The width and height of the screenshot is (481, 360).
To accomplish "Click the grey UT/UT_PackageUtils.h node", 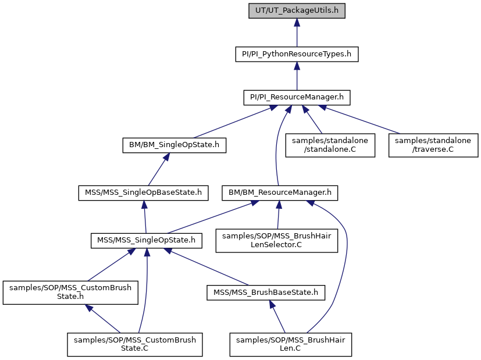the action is (x=297, y=10).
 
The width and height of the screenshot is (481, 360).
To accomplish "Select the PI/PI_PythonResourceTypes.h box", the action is (x=297, y=54).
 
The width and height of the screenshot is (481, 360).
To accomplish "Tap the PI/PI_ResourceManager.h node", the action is (x=297, y=98).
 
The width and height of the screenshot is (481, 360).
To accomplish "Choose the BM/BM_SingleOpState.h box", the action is (x=174, y=145).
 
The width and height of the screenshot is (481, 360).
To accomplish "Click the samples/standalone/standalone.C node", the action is (x=330, y=145).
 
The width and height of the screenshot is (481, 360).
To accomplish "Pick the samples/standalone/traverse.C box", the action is (x=433, y=145).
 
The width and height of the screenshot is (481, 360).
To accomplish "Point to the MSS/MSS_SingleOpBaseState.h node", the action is (x=143, y=193).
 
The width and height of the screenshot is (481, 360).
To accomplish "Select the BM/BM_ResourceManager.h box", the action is (x=280, y=193).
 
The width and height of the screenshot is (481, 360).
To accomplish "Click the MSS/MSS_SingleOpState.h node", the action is (x=147, y=240).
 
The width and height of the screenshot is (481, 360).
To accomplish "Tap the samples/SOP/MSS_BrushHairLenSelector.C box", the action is (x=277, y=241).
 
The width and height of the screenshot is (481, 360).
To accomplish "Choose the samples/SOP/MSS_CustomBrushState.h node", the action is (x=70, y=293).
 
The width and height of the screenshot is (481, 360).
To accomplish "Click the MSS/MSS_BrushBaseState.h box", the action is (x=266, y=293).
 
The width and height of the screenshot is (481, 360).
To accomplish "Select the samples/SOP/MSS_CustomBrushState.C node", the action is (x=135, y=345).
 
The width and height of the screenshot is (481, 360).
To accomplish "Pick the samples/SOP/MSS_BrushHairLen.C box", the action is (x=290, y=345).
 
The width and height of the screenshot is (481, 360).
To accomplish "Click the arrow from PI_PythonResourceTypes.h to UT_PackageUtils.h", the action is (x=297, y=33).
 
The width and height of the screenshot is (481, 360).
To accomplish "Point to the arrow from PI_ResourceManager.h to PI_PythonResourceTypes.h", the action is (x=297, y=76).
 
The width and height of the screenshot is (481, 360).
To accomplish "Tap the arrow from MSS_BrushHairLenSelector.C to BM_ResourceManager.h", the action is (x=278, y=215).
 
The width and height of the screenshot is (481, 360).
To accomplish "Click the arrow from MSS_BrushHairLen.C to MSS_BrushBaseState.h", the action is (x=277, y=316).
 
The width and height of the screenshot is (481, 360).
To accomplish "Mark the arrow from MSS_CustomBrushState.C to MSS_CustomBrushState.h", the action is (x=102, y=319).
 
